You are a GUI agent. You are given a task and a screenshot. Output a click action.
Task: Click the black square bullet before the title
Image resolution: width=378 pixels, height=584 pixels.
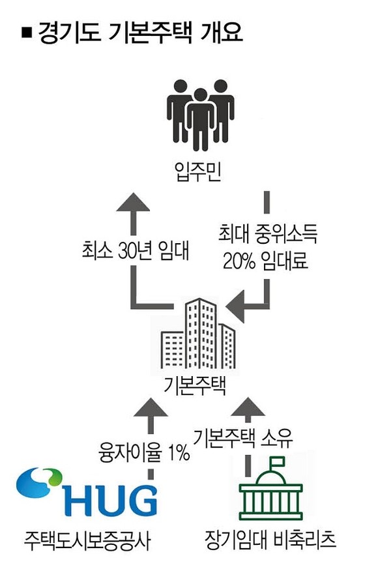pos(27,33)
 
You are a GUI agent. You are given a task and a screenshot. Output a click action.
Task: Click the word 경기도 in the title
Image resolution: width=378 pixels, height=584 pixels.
pos(69,33)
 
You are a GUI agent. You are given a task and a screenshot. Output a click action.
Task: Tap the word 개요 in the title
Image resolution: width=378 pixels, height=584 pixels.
pos(221,33)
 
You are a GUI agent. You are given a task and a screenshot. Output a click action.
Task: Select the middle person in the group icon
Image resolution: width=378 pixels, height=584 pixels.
pos(200,119)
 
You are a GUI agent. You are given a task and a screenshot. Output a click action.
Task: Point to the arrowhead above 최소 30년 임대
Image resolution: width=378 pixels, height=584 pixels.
pos(133,202)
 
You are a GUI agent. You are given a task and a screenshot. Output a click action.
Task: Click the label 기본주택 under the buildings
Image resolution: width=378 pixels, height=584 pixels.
pos(195,385)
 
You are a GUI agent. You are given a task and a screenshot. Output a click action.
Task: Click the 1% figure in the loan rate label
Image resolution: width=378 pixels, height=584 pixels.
pos(179,453)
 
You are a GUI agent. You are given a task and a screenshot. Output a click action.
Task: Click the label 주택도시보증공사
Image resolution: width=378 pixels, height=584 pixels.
pos(87,540)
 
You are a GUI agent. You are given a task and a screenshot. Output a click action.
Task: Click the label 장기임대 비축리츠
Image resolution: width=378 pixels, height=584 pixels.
pos(270,539)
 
